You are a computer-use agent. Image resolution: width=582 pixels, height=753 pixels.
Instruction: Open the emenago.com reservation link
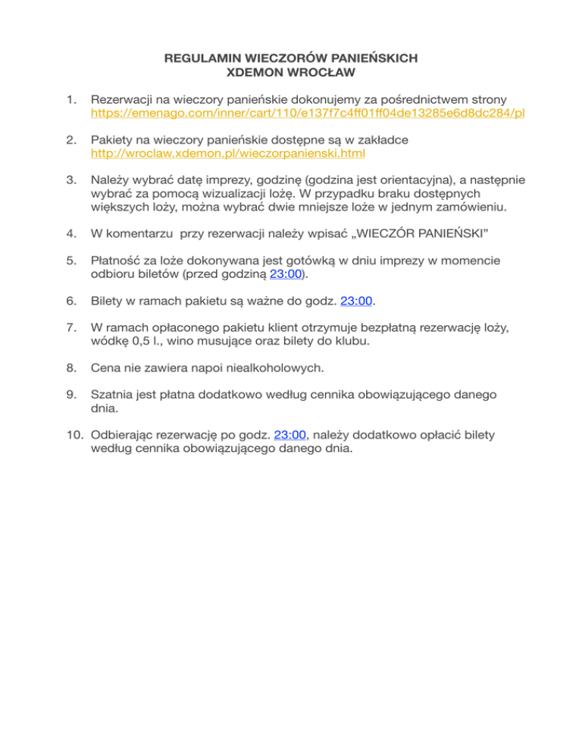pyautogui.click(x=308, y=114)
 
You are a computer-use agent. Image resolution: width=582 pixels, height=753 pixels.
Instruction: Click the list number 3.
pyautogui.click(x=70, y=180)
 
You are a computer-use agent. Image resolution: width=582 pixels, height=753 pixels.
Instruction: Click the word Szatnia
pyautogui.click(x=113, y=395)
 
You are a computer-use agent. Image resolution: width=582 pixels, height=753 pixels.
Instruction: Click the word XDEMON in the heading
pyautogui.click(x=254, y=73)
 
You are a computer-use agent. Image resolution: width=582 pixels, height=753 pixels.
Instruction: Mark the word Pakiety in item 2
pyautogui.click(x=112, y=140)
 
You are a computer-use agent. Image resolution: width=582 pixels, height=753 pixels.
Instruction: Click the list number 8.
pyautogui.click(x=70, y=368)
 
